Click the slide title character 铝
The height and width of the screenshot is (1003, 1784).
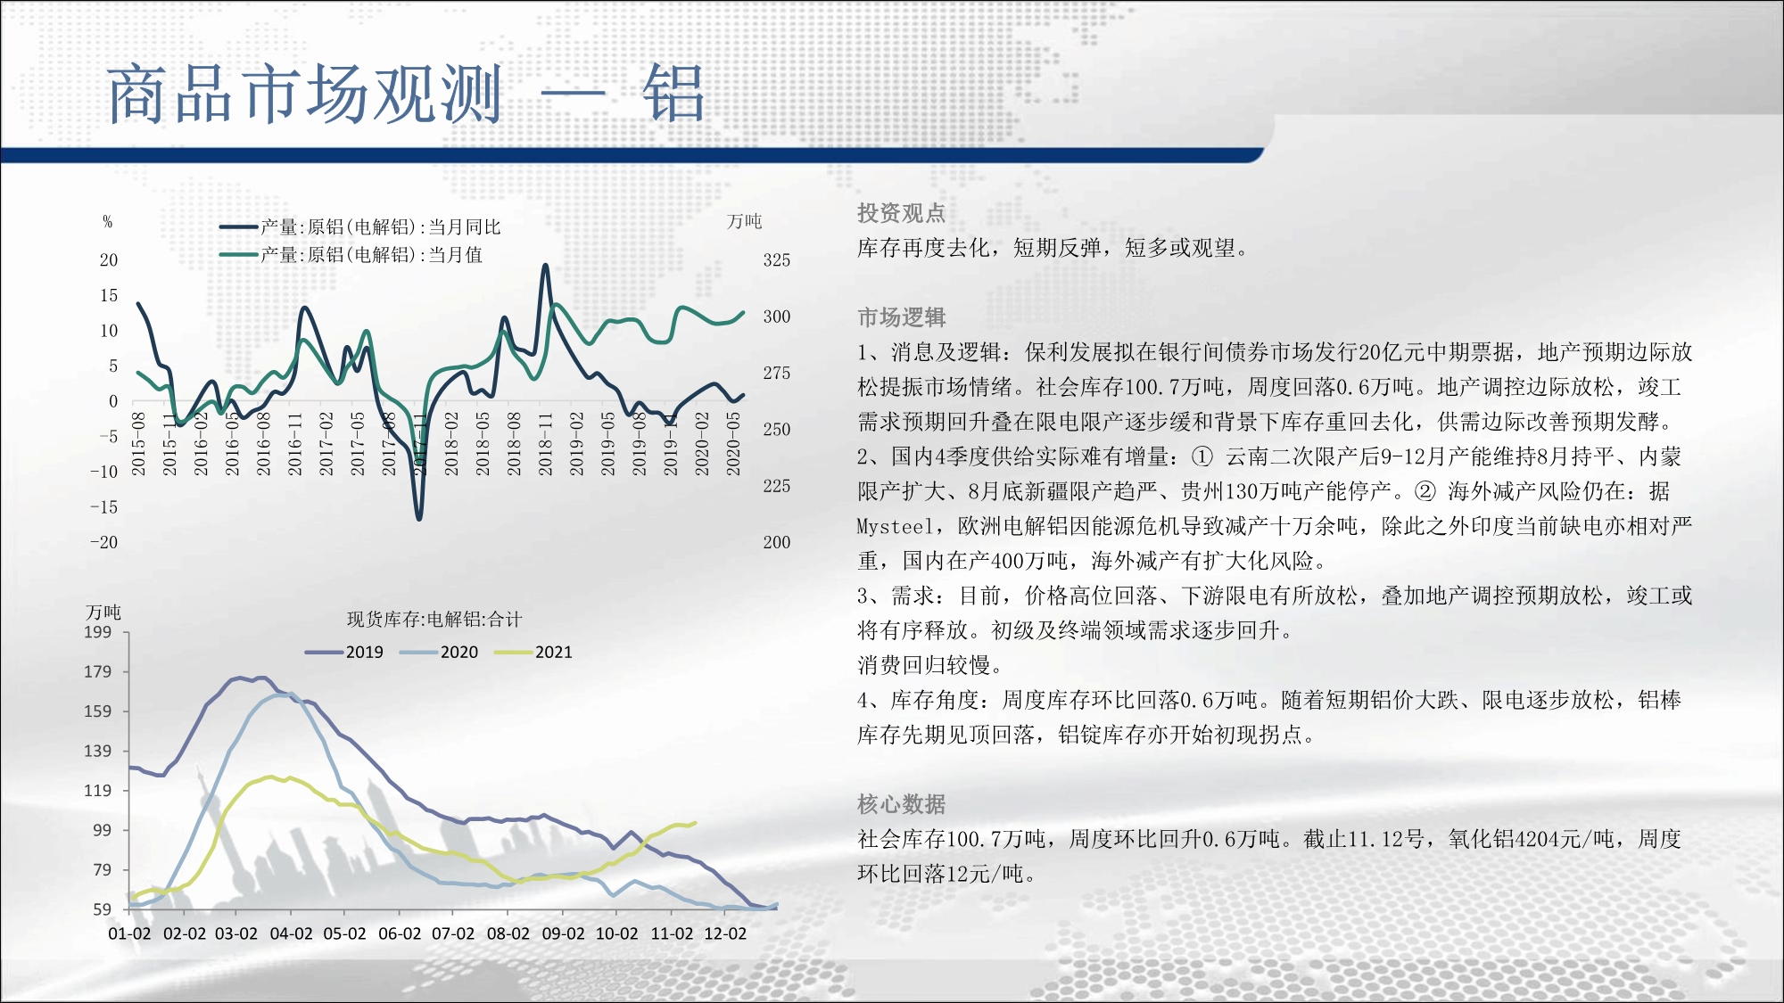pos(673,93)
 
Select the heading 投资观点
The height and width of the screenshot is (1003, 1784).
pos(901,213)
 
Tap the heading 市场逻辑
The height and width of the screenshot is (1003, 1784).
pos(901,317)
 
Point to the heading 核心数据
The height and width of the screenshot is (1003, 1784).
pos(901,804)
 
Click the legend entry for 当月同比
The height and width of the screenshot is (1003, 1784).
pos(360,227)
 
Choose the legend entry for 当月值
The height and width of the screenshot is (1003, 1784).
pos(351,255)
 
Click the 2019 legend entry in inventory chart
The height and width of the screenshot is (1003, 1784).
pos(344,653)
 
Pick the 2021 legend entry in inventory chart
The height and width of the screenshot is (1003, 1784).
pos(533,653)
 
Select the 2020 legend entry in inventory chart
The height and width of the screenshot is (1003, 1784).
pos(439,653)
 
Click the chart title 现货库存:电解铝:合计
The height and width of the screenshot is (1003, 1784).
pos(434,620)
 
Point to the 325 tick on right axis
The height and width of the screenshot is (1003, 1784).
pos(776,260)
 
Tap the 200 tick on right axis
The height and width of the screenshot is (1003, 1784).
pos(776,542)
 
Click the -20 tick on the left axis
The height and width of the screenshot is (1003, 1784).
pos(103,542)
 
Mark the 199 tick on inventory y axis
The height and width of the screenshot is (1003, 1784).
pos(98,633)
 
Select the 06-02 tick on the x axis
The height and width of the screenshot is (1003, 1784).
pos(400,933)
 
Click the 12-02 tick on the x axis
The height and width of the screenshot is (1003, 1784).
pos(725,933)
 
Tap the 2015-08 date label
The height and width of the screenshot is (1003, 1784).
pos(138,443)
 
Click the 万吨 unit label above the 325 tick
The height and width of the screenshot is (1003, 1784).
pos(745,221)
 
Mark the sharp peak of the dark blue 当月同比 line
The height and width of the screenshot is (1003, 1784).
pos(545,265)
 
